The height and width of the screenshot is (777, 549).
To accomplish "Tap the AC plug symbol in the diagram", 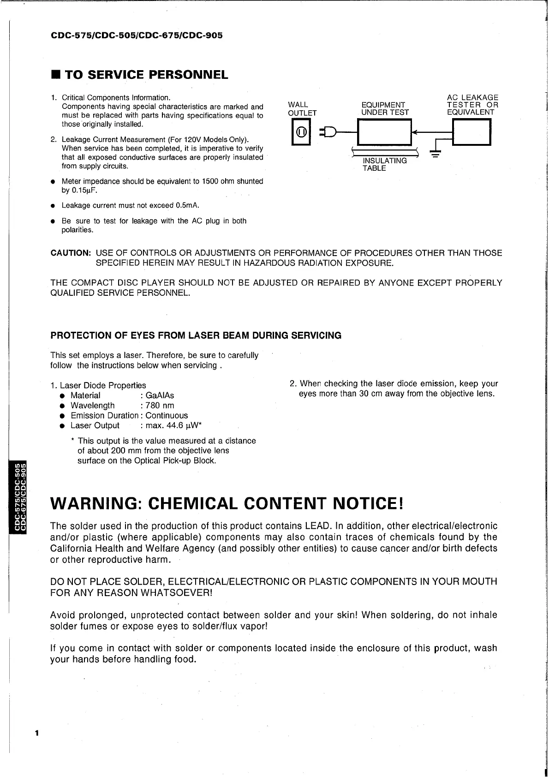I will pyautogui.click(x=330, y=132).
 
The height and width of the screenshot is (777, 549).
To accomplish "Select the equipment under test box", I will pyautogui.click(x=384, y=132).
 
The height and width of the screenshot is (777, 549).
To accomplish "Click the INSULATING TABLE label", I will pyautogui.click(x=385, y=164).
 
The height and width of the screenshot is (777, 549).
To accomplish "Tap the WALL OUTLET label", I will pyautogui.click(x=302, y=109).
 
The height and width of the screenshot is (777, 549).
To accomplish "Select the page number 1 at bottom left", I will pyautogui.click(x=37, y=734).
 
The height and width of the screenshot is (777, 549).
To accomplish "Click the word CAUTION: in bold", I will pyautogui.click(x=71, y=253).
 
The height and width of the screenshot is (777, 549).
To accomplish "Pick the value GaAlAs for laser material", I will pyautogui.click(x=160, y=395).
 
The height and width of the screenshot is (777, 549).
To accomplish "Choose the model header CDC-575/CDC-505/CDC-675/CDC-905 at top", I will pyautogui.click(x=137, y=35).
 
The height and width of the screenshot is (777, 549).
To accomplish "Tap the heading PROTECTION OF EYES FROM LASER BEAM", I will pyautogui.click(x=196, y=335).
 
